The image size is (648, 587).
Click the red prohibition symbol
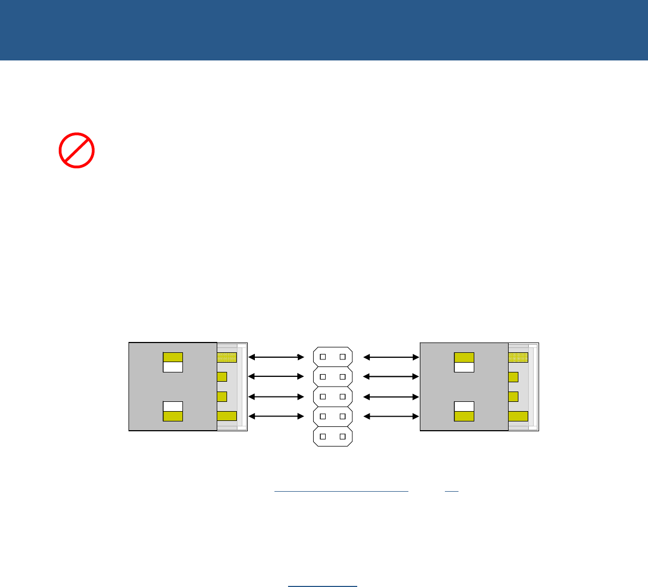77,150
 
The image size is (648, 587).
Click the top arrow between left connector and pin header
276,357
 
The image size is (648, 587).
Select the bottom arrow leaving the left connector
276,417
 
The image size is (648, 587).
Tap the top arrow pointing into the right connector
391,357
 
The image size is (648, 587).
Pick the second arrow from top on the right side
391,377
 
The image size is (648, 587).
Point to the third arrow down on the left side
276,396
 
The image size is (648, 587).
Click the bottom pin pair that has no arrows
333,437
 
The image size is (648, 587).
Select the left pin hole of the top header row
323,357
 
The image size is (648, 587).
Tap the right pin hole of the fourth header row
343,417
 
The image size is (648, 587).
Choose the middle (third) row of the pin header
333,396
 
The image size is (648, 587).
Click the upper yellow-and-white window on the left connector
173,362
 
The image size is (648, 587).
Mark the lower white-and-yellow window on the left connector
173,411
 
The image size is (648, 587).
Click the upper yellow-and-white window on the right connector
464,362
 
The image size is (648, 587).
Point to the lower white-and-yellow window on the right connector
464,411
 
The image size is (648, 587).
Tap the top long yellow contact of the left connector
227,358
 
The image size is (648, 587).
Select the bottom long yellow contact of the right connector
518,417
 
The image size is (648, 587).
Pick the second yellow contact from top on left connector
222,377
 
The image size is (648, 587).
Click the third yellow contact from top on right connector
513,396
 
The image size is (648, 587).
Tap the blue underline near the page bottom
322,586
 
